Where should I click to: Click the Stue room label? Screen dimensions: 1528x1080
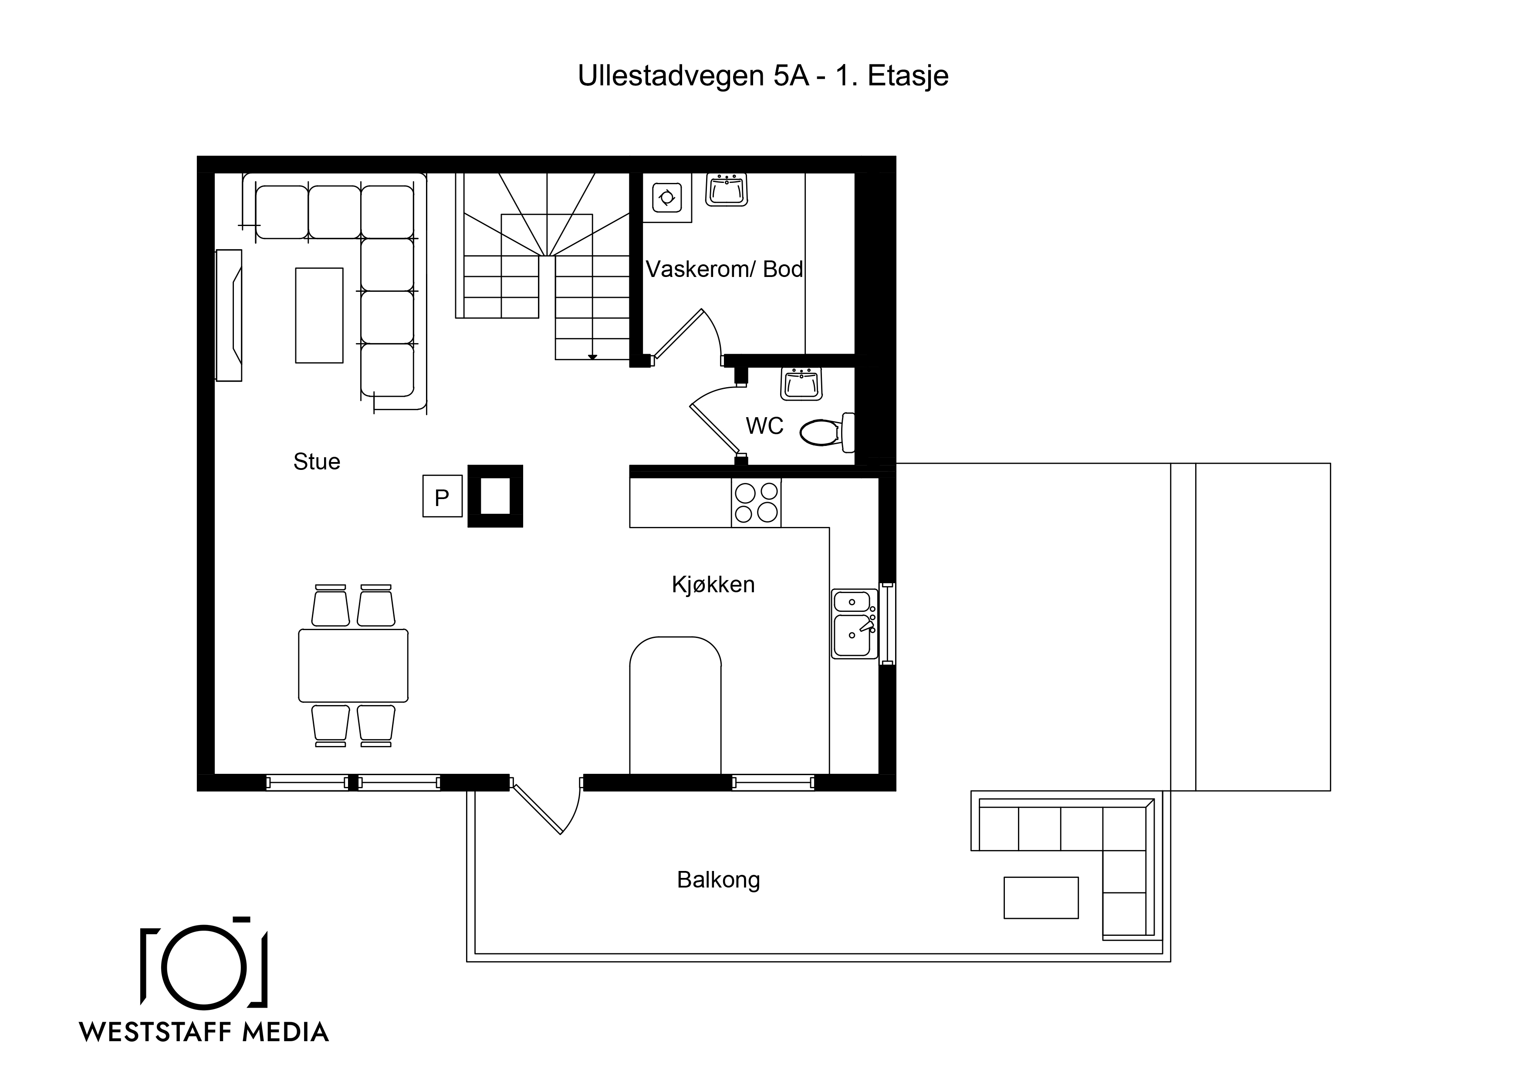(317, 462)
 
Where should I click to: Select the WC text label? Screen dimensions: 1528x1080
(765, 426)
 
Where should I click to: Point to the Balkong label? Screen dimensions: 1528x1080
(718, 880)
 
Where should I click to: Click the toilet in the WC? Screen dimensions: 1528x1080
(827, 432)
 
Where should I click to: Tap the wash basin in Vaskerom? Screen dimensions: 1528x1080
(726, 190)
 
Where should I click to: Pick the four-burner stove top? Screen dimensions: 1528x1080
(756, 503)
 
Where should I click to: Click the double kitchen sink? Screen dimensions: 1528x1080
(855, 624)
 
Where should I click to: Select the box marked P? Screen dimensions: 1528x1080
(443, 496)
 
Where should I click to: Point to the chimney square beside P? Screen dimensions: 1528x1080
(495, 496)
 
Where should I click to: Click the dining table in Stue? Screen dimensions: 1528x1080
(353, 665)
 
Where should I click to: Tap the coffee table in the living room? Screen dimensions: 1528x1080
(319, 315)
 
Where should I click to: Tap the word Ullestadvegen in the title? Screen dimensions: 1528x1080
(671, 76)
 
